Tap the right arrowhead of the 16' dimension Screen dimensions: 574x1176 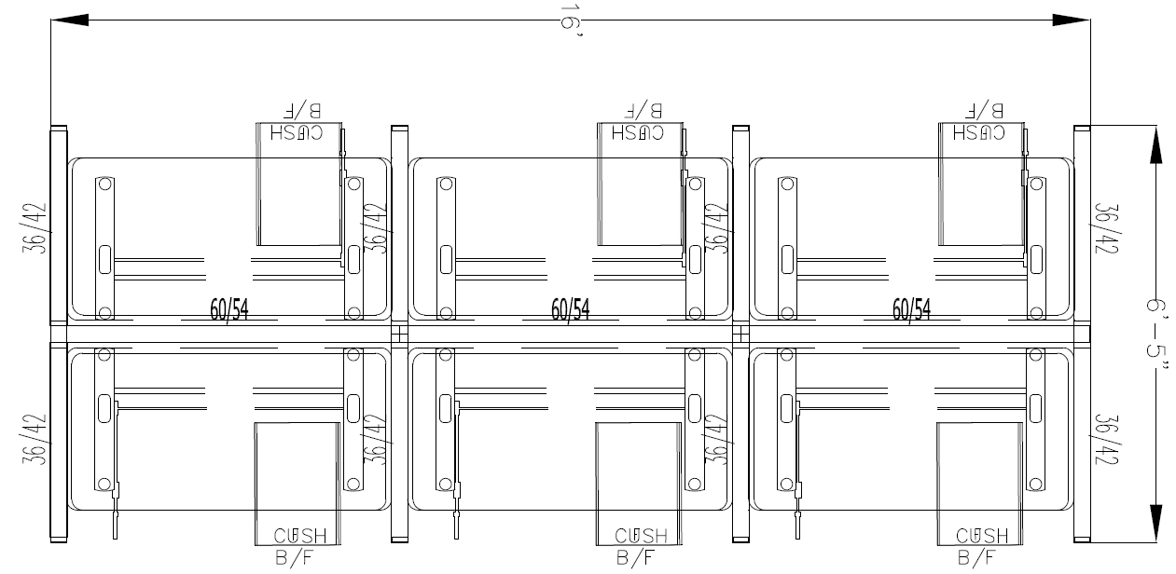point(1072,19)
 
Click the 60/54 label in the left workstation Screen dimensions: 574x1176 point(228,308)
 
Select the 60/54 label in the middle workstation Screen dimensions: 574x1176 point(570,308)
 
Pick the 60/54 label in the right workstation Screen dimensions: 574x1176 point(911,308)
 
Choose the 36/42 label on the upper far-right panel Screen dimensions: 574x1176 point(1105,229)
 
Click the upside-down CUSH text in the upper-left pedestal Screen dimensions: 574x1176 point(297,132)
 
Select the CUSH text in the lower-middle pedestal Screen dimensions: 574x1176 point(641,536)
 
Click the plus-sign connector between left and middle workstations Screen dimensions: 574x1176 point(400,333)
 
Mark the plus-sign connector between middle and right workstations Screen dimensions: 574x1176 point(741,333)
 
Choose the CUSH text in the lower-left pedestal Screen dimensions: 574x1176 point(299,536)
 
